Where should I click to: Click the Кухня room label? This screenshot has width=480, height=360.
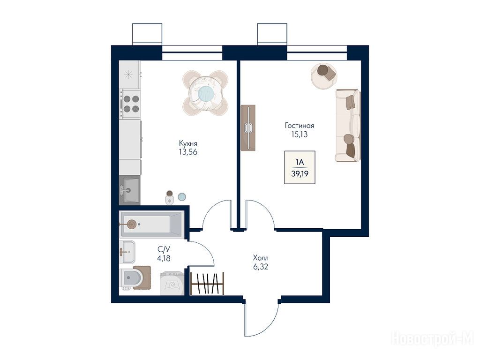point(188,143)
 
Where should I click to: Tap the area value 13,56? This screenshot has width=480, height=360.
point(188,152)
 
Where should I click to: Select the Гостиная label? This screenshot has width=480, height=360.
point(300,126)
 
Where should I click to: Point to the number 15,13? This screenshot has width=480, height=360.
point(300,134)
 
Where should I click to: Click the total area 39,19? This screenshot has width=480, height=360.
point(300,174)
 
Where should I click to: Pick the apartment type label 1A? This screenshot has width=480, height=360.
point(300,162)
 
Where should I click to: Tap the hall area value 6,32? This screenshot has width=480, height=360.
point(261,267)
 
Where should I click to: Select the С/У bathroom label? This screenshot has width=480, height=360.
point(164,249)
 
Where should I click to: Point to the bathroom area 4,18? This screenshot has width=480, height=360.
point(164,258)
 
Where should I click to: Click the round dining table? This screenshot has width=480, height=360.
point(205,93)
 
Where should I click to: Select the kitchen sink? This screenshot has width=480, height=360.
point(129,190)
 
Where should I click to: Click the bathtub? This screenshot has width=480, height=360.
point(151,225)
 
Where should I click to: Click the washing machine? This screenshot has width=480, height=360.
point(172,284)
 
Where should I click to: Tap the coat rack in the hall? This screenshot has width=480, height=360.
point(207,284)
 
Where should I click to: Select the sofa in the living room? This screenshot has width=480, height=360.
point(348,126)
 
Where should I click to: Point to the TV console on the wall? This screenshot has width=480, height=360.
point(248,128)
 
